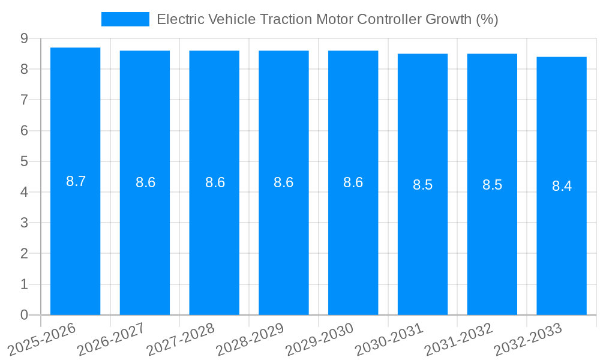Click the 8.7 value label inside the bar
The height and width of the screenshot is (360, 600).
[76, 181]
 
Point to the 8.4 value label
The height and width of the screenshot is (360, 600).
[562, 186]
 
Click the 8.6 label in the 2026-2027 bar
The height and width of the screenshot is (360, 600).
[145, 182]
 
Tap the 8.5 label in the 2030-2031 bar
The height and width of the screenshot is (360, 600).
[422, 185]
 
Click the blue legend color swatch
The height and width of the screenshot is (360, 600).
[125, 19]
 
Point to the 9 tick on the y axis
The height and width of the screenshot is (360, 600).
[24, 38]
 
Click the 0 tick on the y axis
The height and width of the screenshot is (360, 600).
[24, 315]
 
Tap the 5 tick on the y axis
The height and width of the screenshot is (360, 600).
[24, 161]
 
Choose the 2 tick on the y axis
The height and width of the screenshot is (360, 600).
[24, 254]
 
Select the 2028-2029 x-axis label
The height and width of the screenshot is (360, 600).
[250, 340]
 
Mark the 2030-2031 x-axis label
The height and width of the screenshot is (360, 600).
[389, 340]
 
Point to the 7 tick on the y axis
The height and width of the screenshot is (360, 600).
[24, 100]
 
